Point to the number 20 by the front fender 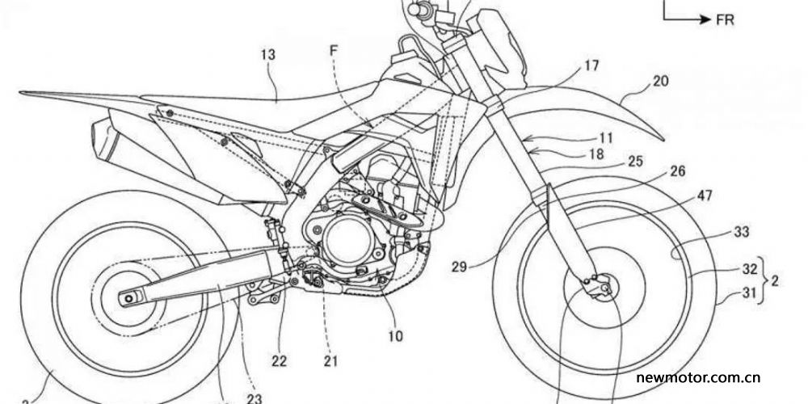point(661,82)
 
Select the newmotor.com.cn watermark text point(696,377)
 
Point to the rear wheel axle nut point(128,298)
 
